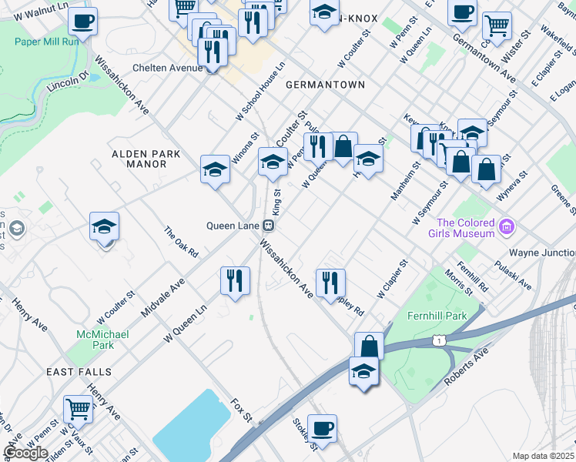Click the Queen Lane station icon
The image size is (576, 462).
[269, 226]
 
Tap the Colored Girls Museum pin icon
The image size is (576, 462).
[506, 226]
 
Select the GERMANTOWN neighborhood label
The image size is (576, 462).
[324, 84]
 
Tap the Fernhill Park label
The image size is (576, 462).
[438, 316]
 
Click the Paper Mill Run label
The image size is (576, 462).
[47, 41]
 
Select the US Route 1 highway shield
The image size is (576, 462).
[437, 340]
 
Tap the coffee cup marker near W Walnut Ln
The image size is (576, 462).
[82, 21]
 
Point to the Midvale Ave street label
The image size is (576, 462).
[163, 297]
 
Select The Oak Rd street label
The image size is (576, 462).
[182, 242]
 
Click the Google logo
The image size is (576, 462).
[25, 453]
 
